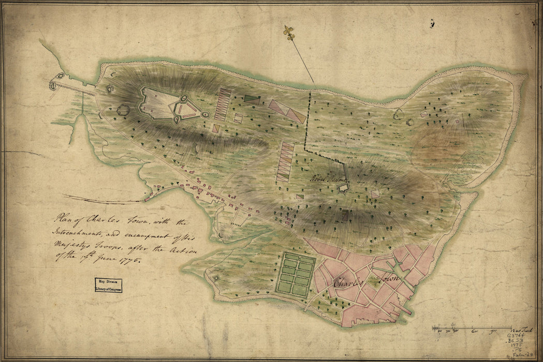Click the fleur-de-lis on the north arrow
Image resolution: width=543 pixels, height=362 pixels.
tap(288, 33)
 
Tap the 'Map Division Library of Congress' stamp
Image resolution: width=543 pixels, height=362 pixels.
tap(109, 285)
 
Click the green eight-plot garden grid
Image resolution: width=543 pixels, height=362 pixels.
tap(295, 274)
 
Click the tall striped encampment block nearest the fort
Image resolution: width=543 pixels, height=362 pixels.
tap(223, 104)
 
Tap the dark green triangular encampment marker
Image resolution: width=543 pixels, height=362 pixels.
tap(251, 98)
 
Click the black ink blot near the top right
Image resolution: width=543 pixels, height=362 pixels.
tap(432, 23)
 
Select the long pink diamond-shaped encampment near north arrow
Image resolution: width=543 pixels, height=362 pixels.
tap(286, 111)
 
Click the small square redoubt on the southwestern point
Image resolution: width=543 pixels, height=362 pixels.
tap(216, 278)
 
